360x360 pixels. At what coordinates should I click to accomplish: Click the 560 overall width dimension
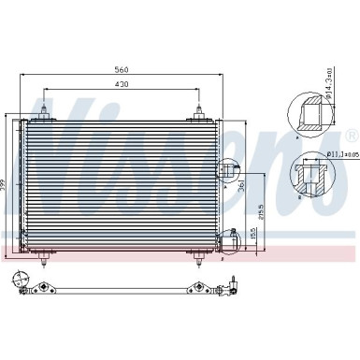pyautogui.click(x=121, y=69)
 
